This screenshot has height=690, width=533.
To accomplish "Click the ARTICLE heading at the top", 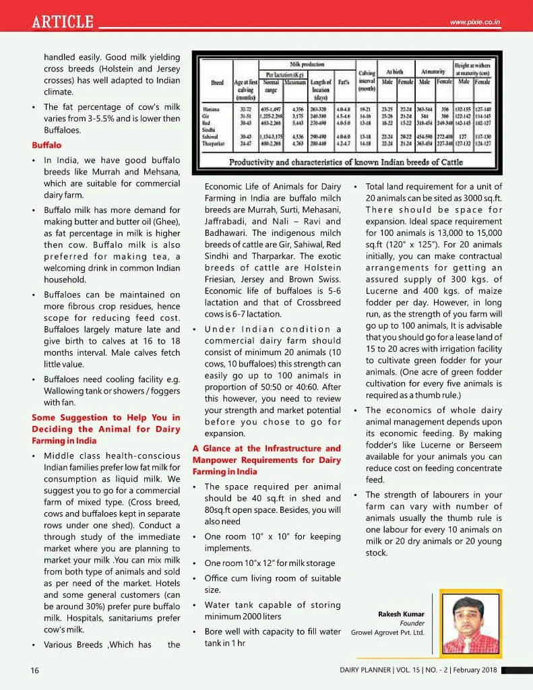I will (63, 22).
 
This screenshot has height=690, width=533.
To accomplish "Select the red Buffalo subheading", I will (46, 145).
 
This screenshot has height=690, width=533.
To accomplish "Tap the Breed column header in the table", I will (217, 82).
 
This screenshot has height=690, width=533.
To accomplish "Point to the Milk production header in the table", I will (307, 63).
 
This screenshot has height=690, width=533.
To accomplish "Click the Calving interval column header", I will (367, 80).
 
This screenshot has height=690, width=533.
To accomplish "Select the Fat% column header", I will (343, 82).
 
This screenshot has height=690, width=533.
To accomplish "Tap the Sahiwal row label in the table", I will (214, 136).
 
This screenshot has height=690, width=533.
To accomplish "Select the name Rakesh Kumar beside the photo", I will (397, 613).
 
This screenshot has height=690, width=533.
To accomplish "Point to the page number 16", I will (34, 670).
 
